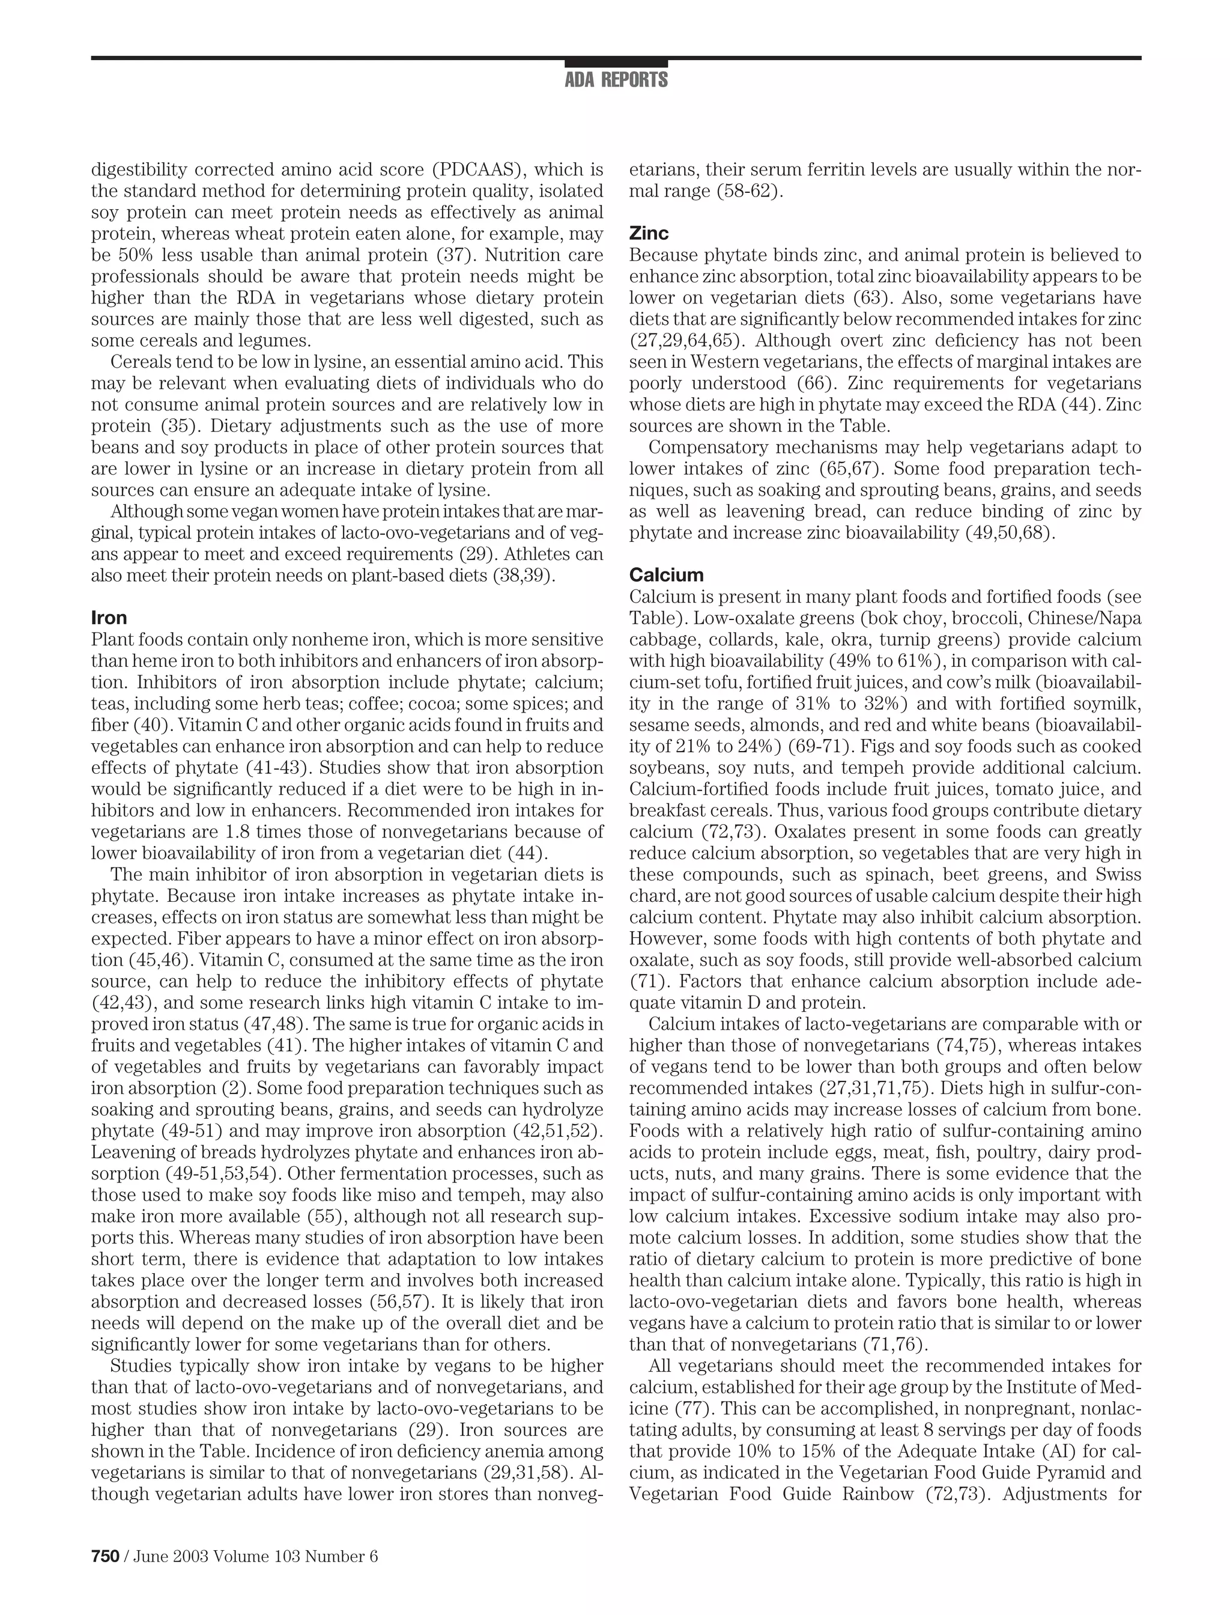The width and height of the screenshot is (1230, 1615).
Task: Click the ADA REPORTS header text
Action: click(616, 80)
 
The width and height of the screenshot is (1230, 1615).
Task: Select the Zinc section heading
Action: click(649, 233)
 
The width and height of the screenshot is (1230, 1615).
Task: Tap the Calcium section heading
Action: click(666, 574)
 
